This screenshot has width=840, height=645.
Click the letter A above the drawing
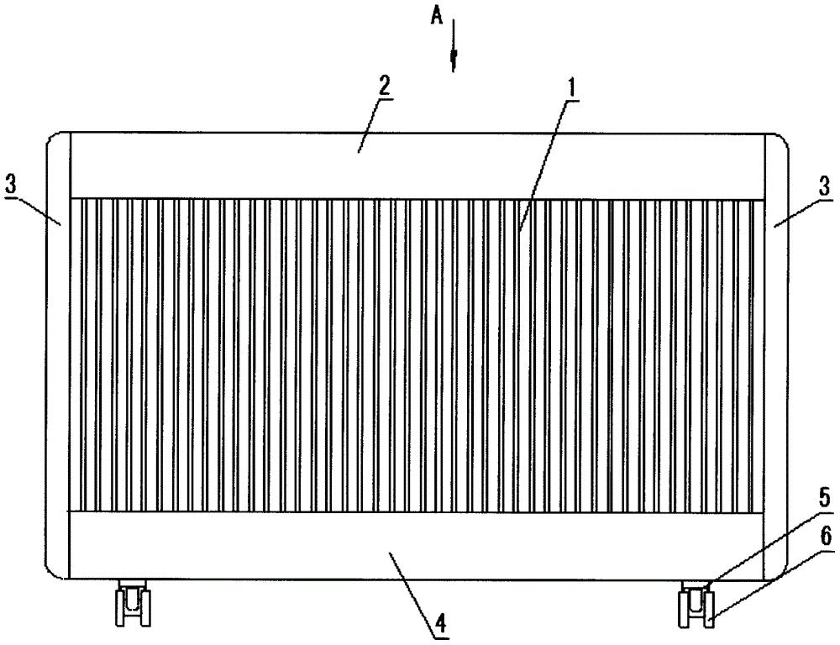point(437,18)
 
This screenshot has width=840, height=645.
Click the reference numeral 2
point(384,86)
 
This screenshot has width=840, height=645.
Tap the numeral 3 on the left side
point(10,186)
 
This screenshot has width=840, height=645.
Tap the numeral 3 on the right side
point(827,186)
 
